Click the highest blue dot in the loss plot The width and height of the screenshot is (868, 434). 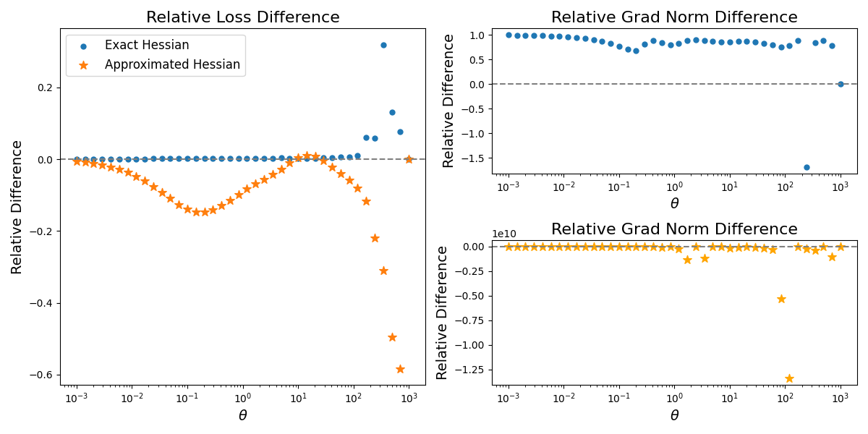(x=383, y=45)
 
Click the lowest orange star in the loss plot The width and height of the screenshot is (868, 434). (x=400, y=369)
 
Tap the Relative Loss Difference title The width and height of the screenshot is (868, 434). (x=242, y=17)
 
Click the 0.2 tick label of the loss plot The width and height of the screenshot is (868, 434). (x=44, y=88)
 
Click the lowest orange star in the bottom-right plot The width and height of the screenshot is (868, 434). (x=789, y=378)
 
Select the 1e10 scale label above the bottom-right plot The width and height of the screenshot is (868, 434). (x=504, y=234)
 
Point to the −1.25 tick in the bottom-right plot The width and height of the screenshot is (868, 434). (x=469, y=370)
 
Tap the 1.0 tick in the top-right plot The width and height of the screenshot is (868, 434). (x=477, y=35)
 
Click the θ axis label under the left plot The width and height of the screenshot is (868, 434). (x=242, y=415)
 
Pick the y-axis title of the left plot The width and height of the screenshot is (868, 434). (x=17, y=207)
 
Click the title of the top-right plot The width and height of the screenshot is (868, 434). (x=674, y=17)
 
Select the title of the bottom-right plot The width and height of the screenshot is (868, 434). (x=674, y=229)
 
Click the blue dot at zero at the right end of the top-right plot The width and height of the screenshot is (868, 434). (x=841, y=84)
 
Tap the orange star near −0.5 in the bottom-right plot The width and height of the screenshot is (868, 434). (x=781, y=299)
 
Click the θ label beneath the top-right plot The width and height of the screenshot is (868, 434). (x=674, y=204)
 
